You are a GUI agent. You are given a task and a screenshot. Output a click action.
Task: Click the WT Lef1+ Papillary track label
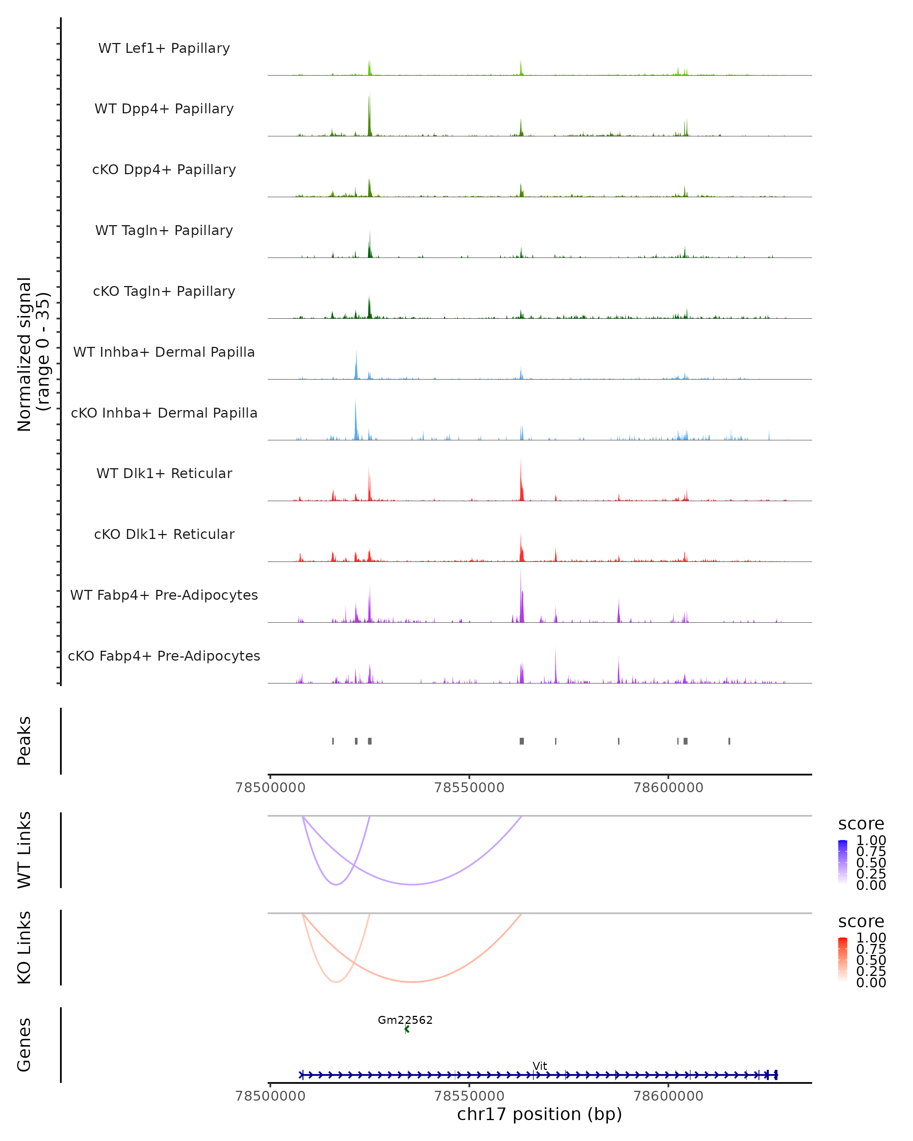coord(164,48)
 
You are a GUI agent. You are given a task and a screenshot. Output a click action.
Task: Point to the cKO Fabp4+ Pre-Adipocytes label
coord(164,656)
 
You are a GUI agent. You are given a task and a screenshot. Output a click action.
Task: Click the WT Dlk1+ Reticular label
coord(164,473)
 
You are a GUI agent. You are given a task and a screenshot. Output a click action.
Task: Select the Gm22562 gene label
coord(405,1020)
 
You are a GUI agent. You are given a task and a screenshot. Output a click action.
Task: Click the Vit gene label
coord(540,1066)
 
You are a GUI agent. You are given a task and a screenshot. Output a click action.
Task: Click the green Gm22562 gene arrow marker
coord(407,1029)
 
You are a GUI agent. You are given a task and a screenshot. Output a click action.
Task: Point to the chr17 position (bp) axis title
coord(539,1114)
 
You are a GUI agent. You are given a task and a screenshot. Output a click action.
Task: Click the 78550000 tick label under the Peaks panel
coord(469,788)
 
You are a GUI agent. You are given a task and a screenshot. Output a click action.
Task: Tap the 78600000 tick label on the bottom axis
coord(668,1095)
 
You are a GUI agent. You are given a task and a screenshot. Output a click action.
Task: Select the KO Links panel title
coord(24,947)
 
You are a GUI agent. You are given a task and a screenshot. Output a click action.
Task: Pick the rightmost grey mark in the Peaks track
coord(729,741)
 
